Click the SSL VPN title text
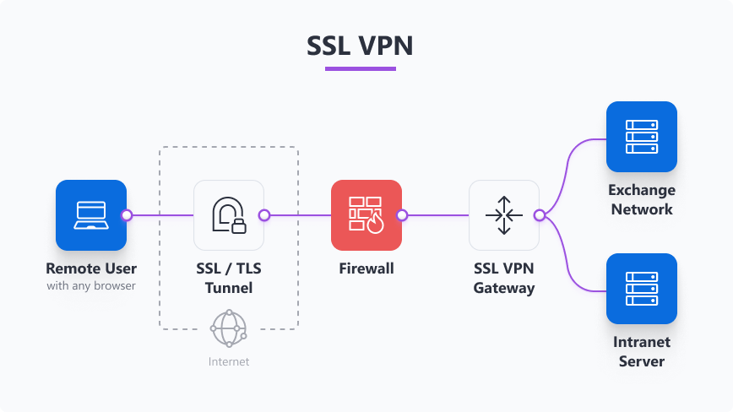360,46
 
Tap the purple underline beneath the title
360,68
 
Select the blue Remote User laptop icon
91,215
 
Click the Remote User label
91,269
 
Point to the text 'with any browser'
91,286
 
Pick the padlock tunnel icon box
229,215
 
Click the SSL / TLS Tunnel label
229,279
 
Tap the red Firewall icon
366,215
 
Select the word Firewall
366,269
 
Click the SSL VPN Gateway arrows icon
504,215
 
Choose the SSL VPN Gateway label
504,279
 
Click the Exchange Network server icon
642,137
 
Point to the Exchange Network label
642,199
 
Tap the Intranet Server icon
642,289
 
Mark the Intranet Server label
642,351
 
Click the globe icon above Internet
229,328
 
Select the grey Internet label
229,361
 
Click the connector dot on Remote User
127,215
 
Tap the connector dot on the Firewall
402,215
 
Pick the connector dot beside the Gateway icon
540,215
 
